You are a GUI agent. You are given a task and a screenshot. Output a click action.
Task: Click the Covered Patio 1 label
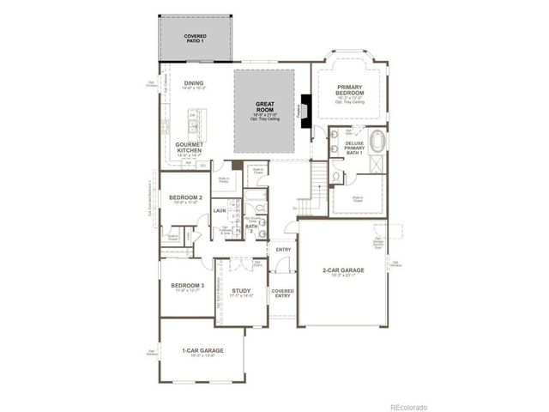195,39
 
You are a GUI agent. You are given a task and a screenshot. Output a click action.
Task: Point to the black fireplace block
305,109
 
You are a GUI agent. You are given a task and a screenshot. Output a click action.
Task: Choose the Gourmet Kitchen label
189,147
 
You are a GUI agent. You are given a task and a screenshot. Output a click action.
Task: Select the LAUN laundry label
220,209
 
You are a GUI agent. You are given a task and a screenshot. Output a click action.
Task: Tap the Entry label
282,250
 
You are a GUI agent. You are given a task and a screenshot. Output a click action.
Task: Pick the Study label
241,291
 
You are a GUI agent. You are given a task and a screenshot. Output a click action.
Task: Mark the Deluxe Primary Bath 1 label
354,146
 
